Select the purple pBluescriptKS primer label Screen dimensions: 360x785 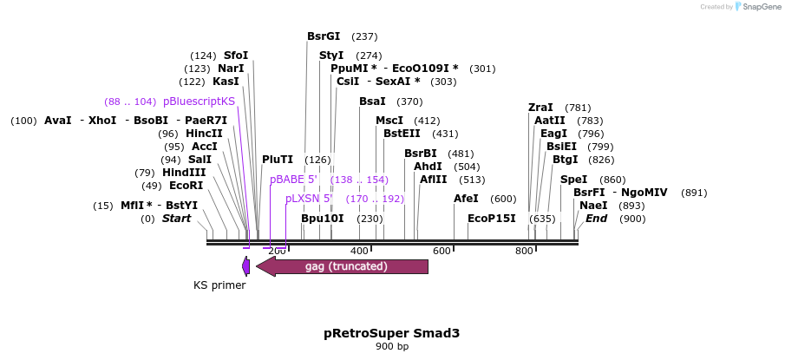pyautogui.click(x=199, y=101)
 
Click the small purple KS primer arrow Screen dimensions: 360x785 pyautogui.click(x=246, y=266)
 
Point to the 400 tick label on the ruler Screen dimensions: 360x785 pyautogui.click(x=359, y=252)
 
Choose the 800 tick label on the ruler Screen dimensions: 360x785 pyautogui.click(x=524, y=252)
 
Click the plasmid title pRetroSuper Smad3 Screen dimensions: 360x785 pyautogui.click(x=391, y=333)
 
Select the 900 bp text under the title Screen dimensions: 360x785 pyautogui.click(x=391, y=347)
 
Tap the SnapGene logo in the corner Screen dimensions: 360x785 pyautogui.click(x=755, y=7)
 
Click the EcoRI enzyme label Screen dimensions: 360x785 pyautogui.click(x=186, y=186)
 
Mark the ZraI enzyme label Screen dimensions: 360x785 pyautogui.click(x=540, y=108)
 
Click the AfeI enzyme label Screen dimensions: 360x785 pyautogui.click(x=466, y=199)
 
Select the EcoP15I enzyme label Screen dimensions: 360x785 pyautogui.click(x=492, y=219)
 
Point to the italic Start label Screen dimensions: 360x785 pyautogui.click(x=176, y=219)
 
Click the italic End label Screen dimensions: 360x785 pyautogui.click(x=596, y=219)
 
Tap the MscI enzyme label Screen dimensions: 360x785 pyautogui.click(x=389, y=121)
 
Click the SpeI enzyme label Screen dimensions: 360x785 pyautogui.click(x=573, y=180)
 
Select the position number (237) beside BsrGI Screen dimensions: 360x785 pyautogui.click(x=364, y=36)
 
